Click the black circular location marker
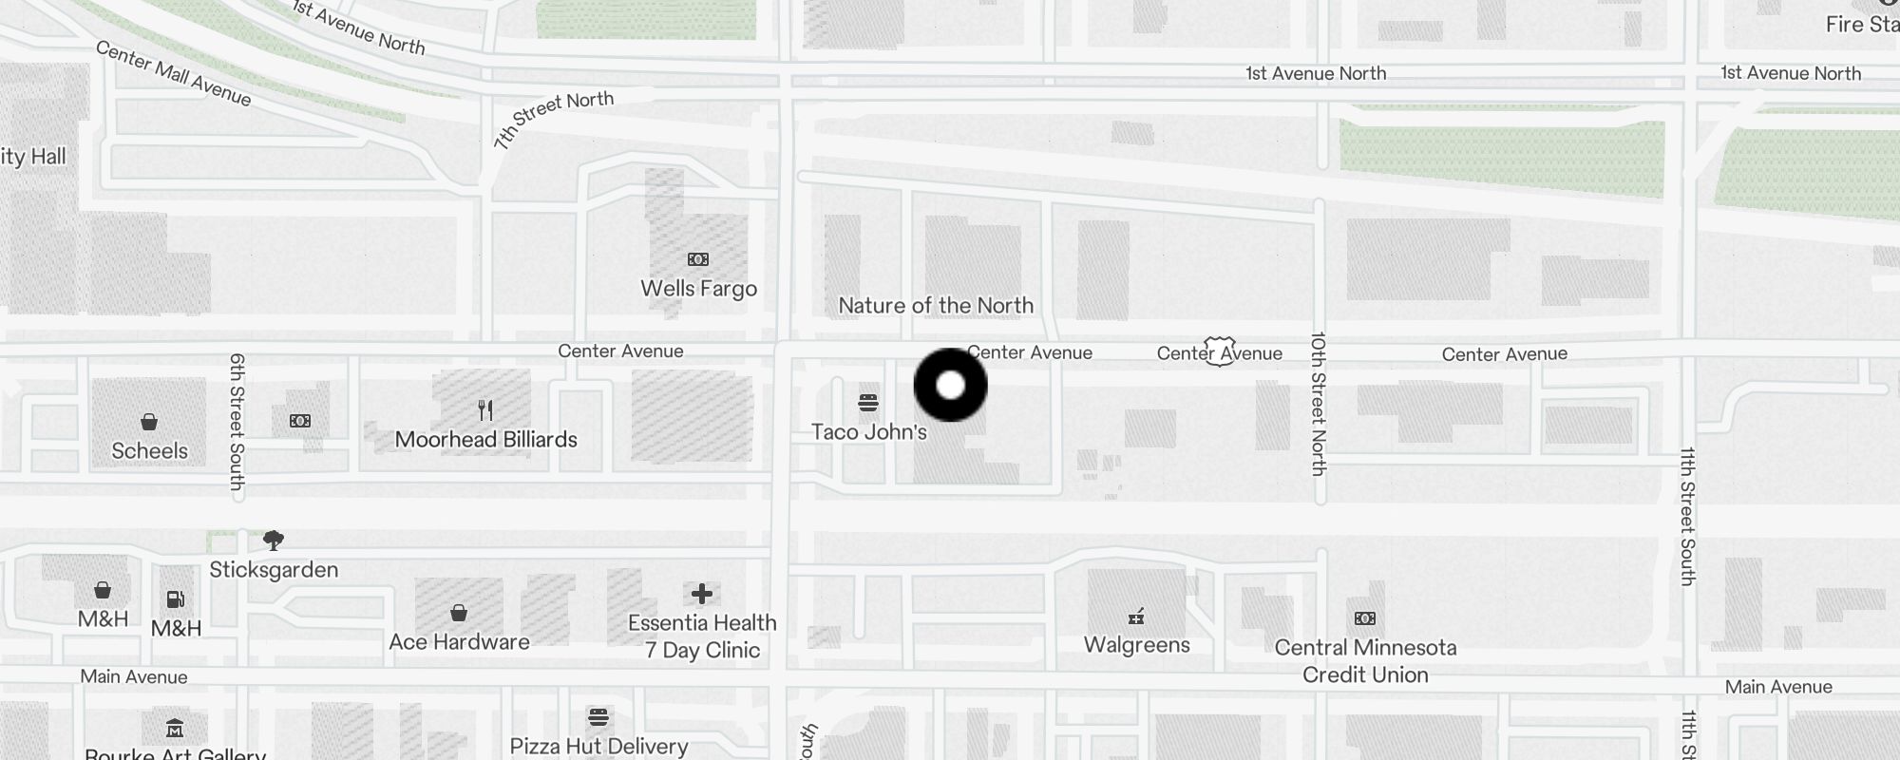(950, 385)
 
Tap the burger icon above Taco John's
(867, 403)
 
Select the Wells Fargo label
(698, 289)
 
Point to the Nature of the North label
(936, 306)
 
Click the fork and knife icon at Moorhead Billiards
(485, 410)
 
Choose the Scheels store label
(149, 451)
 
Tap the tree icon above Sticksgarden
(274, 541)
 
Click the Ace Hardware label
(459, 642)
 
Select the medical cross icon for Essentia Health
(702, 594)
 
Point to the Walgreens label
(1136, 645)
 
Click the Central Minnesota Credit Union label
(1365, 661)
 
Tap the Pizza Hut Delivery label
(598, 747)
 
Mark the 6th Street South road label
(237, 421)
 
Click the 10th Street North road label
(1319, 403)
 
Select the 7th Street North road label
(553, 119)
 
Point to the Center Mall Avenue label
(174, 74)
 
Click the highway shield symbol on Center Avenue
(1220, 351)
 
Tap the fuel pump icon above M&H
(176, 599)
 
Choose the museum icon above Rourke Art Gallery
(175, 729)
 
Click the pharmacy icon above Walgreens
(1136, 617)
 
